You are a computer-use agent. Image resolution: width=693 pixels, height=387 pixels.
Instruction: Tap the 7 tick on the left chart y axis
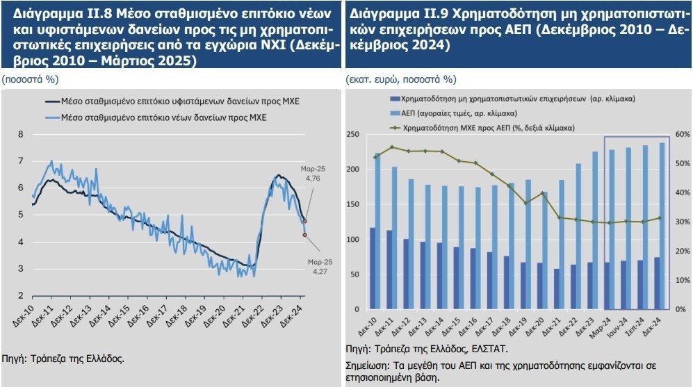(x=21, y=161)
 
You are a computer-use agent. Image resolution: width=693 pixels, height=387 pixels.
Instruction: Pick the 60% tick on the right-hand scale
(x=683, y=134)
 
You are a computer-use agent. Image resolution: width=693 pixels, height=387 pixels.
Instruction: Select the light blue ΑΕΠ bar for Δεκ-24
(x=660, y=226)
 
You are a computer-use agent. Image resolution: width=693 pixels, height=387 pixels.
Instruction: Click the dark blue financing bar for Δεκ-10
(x=373, y=268)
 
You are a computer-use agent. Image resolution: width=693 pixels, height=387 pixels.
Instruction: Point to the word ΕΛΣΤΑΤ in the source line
(x=489, y=349)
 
